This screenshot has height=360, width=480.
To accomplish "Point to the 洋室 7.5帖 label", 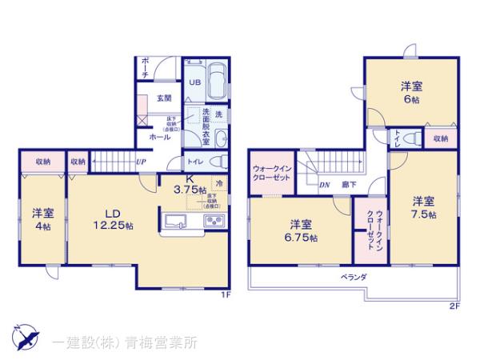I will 424,207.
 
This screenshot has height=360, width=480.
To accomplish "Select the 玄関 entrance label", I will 164,98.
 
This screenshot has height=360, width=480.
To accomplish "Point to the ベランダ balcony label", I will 352,276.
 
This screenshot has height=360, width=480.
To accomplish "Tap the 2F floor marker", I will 454,305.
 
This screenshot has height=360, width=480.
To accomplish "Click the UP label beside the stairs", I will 141,162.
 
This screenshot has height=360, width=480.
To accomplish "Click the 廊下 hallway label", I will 349,184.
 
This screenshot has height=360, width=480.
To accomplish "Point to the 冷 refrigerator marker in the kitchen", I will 218,182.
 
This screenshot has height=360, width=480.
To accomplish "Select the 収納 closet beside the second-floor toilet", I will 440,138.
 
